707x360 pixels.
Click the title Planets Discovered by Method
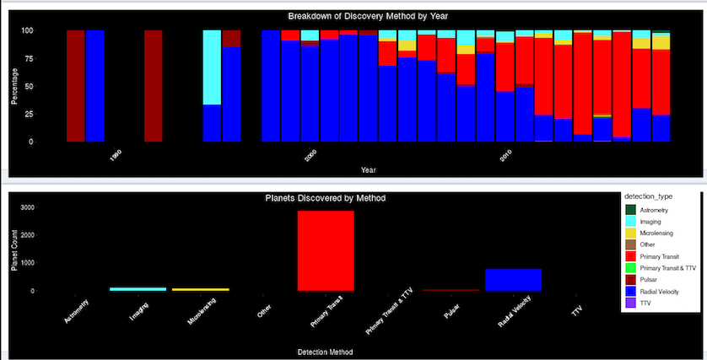325,198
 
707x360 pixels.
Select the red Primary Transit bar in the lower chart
325,250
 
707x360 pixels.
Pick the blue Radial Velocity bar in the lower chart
513,280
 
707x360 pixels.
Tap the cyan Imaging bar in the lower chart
138,289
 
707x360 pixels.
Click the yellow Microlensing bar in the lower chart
200,289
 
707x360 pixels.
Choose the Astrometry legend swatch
629,208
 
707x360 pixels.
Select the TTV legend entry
645,302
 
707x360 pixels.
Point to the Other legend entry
648,244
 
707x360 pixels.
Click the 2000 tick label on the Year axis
310,158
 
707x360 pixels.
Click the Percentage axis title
14,86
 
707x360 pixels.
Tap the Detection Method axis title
325,351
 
